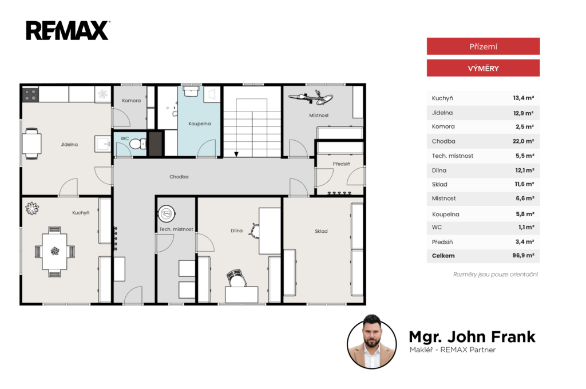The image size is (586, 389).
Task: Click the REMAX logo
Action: point(68,30)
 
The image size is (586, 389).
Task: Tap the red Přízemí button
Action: point(483,46)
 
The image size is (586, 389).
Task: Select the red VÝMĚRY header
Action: point(483,68)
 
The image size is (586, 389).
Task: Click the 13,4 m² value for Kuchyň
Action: point(523,98)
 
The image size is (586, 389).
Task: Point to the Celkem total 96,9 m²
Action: point(523,256)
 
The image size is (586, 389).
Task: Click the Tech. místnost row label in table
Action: point(452,156)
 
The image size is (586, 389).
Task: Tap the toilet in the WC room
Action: point(138,144)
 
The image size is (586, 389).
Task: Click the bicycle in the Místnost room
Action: point(311,97)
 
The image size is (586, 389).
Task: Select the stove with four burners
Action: point(31,94)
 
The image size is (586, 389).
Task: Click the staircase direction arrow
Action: point(236,154)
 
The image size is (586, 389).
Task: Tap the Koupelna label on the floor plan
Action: point(200,124)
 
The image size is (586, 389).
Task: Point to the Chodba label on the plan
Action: point(179,177)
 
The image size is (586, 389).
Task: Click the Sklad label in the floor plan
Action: point(321,231)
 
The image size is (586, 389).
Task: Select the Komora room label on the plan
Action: point(131,101)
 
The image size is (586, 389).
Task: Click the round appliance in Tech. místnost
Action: point(167,214)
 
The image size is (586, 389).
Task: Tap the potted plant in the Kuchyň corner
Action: point(32,208)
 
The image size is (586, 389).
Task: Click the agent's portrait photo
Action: point(371,342)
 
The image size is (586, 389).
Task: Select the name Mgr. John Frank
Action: point(472,337)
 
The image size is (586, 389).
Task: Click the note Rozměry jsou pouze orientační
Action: point(496,274)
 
